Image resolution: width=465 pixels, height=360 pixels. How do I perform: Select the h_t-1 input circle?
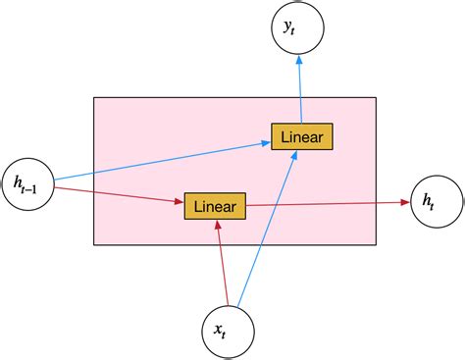tap(26, 181)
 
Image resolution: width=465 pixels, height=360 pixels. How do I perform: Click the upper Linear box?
tap(302, 136)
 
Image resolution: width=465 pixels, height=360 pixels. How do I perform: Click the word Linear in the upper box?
tap(302, 136)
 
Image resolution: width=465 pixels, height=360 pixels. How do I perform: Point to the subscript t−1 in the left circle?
tap(32, 186)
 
